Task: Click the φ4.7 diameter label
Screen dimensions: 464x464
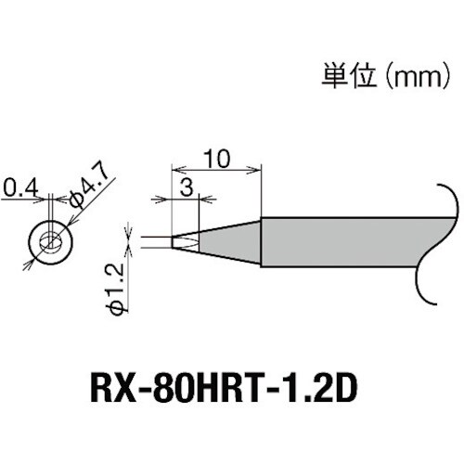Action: pyautogui.click(x=91, y=193)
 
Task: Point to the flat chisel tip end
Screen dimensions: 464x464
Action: pyautogui.click(x=184, y=242)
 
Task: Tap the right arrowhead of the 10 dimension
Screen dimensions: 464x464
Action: pyautogui.click(x=258, y=169)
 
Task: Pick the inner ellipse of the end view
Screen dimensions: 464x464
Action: pyautogui.click(x=51, y=242)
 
